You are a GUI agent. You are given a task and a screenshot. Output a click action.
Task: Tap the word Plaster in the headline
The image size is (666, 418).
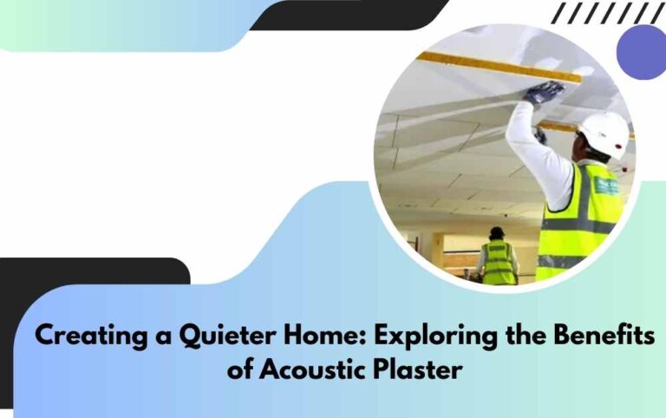(416, 370)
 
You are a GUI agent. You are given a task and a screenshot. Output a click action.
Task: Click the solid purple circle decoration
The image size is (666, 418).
(642, 51)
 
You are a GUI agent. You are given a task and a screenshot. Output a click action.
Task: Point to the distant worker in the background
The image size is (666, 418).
(498, 258)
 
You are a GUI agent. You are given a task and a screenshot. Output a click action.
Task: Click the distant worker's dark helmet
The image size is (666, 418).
(497, 232)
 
